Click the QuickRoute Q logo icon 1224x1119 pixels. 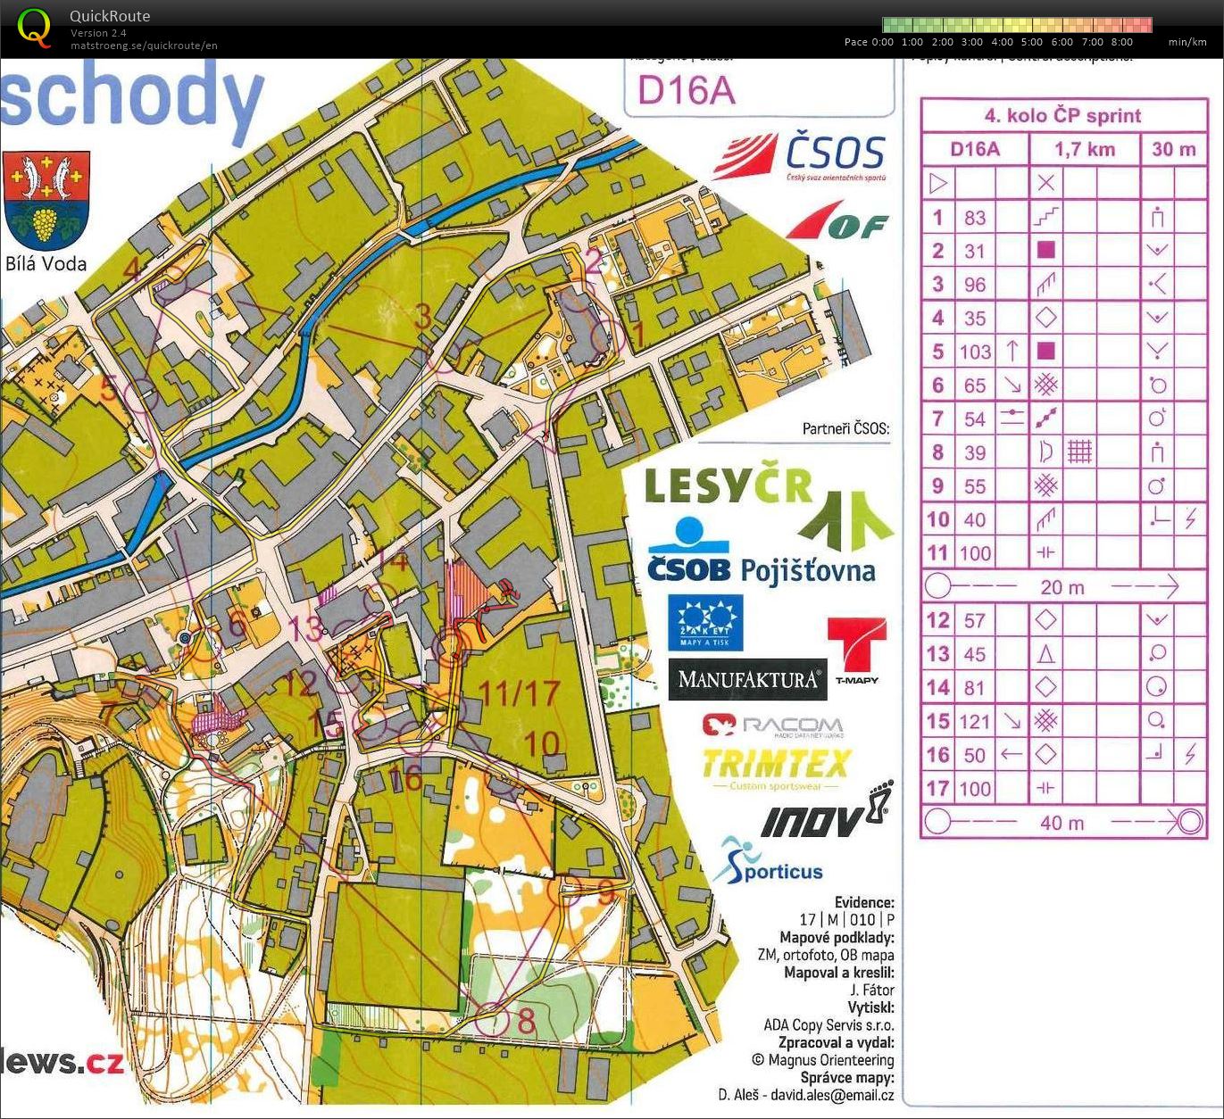pos(34,26)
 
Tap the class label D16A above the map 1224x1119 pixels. pos(687,89)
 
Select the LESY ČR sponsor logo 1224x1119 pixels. pos(728,487)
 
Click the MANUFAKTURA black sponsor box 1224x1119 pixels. pos(747,679)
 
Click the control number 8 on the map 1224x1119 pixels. pos(527,1020)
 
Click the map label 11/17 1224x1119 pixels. pos(519,692)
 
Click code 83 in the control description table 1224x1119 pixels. pos(974,218)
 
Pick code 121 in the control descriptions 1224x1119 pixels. pos(974,722)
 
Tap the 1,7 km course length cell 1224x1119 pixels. pos(1085,149)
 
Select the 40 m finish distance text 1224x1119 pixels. pos(1062,823)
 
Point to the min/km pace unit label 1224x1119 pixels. pos(1187,42)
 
